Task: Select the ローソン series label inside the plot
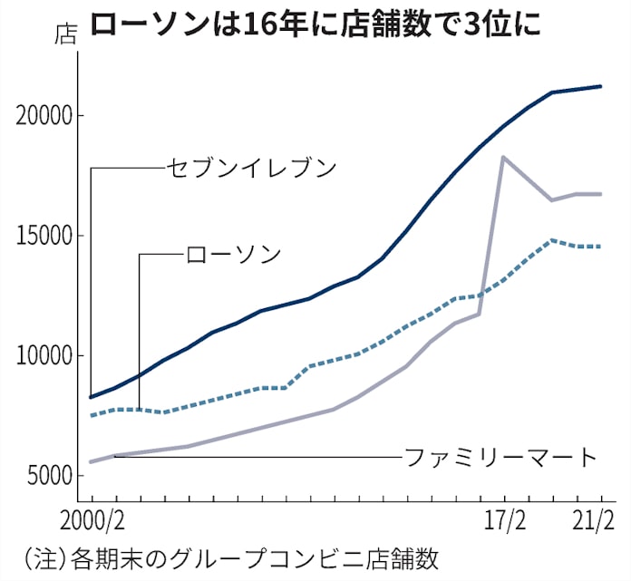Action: (234, 255)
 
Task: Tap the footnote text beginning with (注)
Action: (228, 557)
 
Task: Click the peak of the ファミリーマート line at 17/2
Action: (503, 157)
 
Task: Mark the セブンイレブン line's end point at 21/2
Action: (601, 86)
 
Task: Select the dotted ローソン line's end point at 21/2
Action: (601, 247)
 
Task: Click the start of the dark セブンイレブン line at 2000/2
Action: (91, 397)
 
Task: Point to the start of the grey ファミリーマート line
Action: (91, 462)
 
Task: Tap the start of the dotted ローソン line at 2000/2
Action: (91, 415)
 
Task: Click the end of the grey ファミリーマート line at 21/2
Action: (601, 194)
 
